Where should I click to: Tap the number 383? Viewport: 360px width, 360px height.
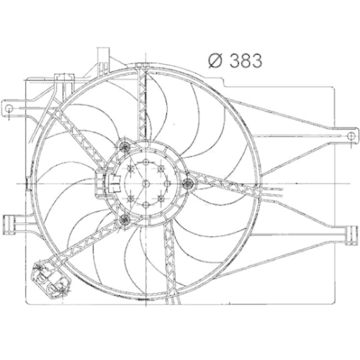click(x=246, y=60)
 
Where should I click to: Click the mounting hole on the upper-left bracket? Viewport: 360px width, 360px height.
click(x=9, y=108)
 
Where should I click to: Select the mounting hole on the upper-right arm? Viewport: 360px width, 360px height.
click(x=351, y=136)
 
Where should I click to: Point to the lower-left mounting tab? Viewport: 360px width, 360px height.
click(x=11, y=224)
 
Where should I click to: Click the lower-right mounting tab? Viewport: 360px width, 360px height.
click(x=351, y=235)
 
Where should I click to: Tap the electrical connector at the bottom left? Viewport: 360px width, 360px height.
click(x=50, y=280)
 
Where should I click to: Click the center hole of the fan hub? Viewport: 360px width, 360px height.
click(x=145, y=184)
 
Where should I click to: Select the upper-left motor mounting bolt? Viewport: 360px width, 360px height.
click(x=125, y=145)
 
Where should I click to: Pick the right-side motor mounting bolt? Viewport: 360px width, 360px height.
click(x=189, y=184)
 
